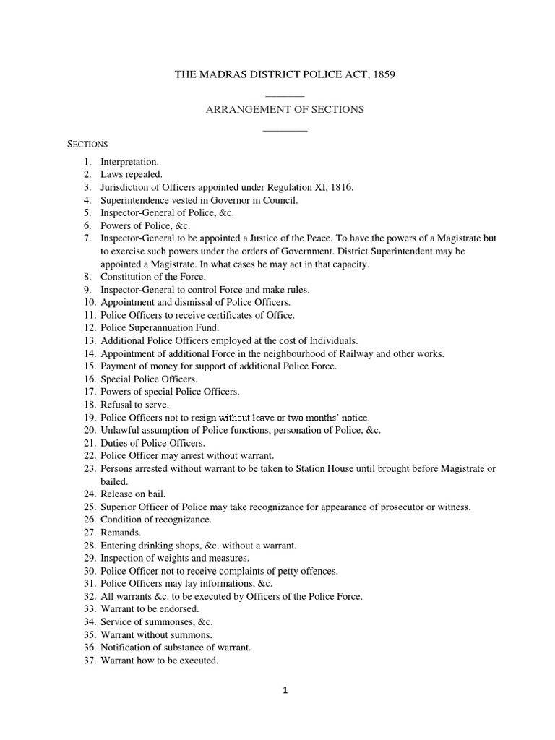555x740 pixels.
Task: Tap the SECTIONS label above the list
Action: (87, 144)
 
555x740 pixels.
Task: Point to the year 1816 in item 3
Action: (338, 187)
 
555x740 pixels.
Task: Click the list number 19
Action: (89, 417)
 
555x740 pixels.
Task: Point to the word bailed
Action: (114, 481)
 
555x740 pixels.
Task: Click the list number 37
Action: (89, 660)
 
